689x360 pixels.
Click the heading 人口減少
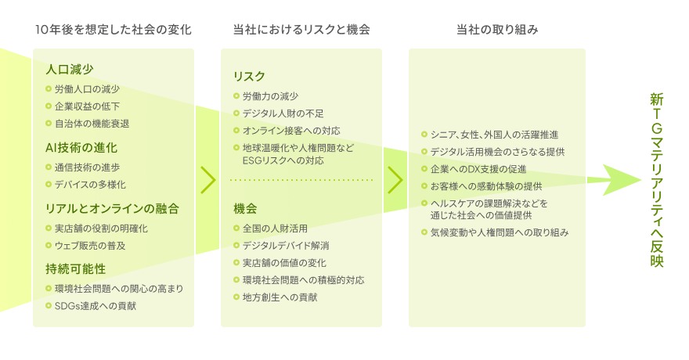coord(70,70)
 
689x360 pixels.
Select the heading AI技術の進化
coord(81,148)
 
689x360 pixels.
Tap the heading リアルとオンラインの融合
coord(112,208)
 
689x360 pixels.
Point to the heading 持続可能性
coord(76,268)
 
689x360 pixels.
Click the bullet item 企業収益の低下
coord(87,106)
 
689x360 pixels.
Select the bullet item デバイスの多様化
coord(90,185)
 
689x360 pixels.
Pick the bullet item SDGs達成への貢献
coord(96,306)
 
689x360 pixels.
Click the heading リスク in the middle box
coord(249,77)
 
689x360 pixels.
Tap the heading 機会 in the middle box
coord(245,208)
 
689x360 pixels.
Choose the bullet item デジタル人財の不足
coord(283,113)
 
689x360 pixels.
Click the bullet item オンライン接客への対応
coord(291,131)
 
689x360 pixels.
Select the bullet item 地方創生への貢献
coord(280,297)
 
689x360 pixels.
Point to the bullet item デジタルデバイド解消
coord(286,246)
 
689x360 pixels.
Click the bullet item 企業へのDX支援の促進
coord(478,169)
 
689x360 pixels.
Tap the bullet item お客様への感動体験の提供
coord(486,186)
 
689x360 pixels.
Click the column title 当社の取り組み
coord(497,30)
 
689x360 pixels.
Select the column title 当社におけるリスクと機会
coord(301,30)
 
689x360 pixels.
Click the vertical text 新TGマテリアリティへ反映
coord(656,179)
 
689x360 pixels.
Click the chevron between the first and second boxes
coord(208,180)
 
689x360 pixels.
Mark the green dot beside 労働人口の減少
coord(49,89)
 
